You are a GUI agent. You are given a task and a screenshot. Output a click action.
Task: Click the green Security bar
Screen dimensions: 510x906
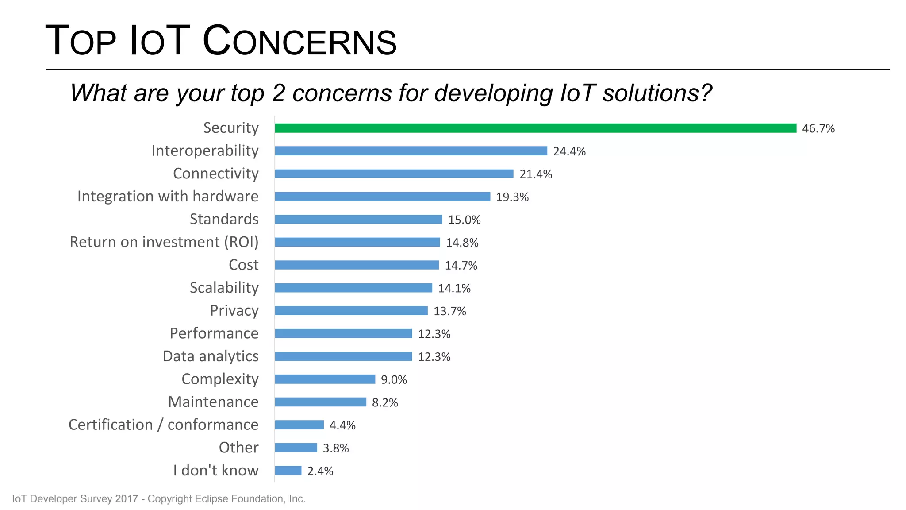click(535, 128)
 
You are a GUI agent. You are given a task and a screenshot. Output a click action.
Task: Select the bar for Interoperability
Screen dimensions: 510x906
click(411, 151)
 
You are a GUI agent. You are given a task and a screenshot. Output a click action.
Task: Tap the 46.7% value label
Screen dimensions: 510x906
click(818, 129)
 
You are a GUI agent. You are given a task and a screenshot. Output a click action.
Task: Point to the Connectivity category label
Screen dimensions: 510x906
click(215, 174)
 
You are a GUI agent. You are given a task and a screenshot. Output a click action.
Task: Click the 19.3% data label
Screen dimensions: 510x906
click(512, 197)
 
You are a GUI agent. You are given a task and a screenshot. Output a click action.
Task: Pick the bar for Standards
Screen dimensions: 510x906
click(358, 219)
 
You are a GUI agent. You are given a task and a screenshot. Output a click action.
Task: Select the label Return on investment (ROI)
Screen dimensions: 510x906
click(164, 242)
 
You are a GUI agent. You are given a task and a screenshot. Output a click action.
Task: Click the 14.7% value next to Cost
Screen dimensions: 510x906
click(461, 266)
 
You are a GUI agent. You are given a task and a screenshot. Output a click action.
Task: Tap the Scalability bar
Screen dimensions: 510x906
click(353, 288)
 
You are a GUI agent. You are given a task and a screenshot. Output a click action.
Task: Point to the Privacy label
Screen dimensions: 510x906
click(234, 311)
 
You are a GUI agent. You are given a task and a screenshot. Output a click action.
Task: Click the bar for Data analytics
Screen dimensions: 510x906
click(343, 356)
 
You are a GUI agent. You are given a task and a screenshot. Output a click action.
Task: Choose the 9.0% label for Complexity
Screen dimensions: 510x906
click(394, 380)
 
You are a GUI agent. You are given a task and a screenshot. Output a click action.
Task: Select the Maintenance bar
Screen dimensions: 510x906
click(320, 402)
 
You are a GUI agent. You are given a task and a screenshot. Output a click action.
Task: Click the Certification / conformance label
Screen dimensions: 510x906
click(163, 425)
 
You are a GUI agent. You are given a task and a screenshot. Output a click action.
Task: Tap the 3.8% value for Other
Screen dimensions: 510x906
click(336, 448)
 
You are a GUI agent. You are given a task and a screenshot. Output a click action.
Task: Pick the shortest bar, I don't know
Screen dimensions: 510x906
click(288, 471)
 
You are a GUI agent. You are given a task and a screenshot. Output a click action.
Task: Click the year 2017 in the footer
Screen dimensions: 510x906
click(127, 499)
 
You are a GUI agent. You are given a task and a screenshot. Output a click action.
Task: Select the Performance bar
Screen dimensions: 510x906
click(343, 333)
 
